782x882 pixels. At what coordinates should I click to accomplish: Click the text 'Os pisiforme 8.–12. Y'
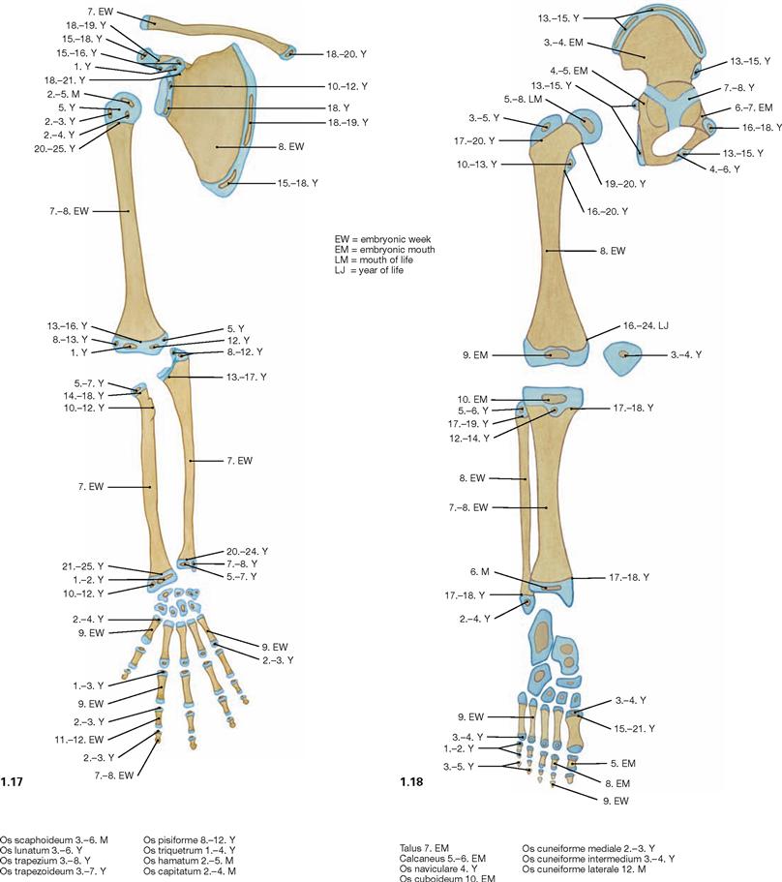(190, 840)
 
